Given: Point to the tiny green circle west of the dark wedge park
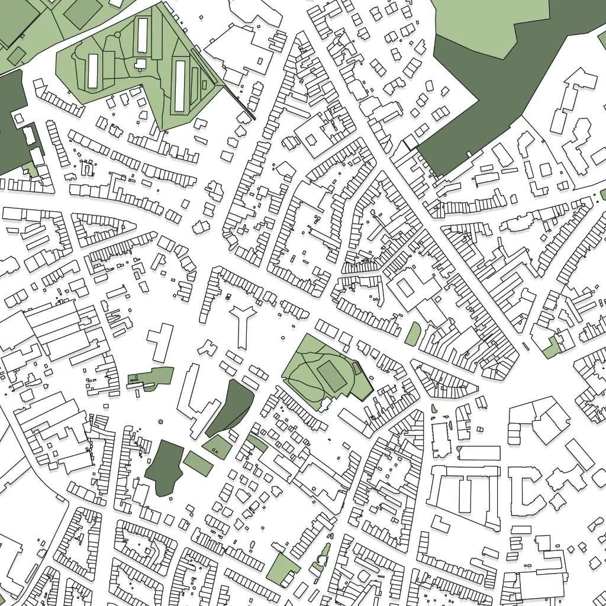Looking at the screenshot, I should coord(160,421).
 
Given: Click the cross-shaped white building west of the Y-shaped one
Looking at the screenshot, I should coord(160,341).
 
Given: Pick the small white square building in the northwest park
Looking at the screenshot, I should coord(141,63).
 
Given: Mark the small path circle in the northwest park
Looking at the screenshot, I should coord(117,35).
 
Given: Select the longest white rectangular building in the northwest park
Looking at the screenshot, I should coord(180,85).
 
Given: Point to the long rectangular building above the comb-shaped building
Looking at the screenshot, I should coord(479,453).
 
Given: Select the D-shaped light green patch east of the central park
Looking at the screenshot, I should coord(412,334).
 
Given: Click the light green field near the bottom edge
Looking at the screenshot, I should coord(283,570).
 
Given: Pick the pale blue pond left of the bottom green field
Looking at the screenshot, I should coord(253,544).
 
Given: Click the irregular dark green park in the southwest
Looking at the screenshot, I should coord(164,468).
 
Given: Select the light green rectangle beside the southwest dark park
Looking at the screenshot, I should coord(198,463).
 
